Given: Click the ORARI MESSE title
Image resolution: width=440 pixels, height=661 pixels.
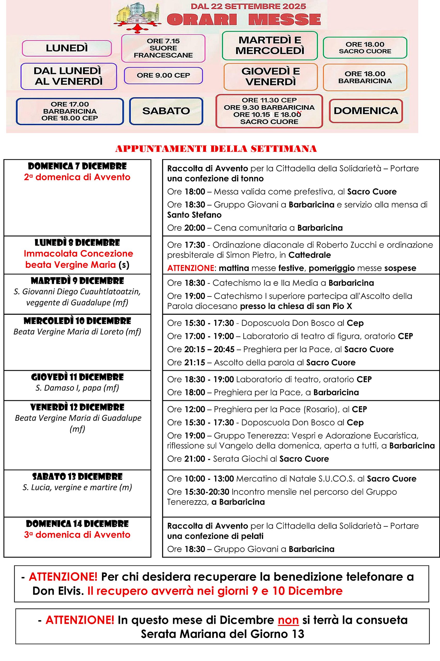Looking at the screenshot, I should click(x=243, y=20).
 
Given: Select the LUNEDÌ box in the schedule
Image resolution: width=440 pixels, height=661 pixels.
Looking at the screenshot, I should click(x=67, y=48).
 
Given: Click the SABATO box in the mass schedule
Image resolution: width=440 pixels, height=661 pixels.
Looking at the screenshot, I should click(x=166, y=111).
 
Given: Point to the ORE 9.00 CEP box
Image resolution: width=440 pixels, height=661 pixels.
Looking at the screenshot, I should click(x=163, y=75).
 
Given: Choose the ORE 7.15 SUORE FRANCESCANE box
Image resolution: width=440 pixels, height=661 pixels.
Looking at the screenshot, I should click(x=163, y=48).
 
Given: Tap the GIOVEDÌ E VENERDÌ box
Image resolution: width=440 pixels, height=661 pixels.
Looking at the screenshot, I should click(x=271, y=77).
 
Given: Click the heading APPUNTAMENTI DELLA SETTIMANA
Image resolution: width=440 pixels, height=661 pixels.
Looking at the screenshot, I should click(x=216, y=149).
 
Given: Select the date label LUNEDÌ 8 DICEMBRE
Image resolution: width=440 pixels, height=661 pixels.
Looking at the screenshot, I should click(x=77, y=243).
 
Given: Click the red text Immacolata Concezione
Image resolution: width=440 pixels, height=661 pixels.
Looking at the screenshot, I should click(x=78, y=254).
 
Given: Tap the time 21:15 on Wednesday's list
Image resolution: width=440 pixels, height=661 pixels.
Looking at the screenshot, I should click(x=195, y=363).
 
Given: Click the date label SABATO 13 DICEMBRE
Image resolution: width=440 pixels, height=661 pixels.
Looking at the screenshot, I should click(x=77, y=477).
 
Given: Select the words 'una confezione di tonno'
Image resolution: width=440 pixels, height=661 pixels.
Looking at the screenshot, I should click(x=215, y=179).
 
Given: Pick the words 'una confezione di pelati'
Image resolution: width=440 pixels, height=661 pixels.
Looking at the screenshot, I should click(x=215, y=536).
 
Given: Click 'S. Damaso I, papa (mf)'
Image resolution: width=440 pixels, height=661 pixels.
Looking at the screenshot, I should click(x=77, y=388).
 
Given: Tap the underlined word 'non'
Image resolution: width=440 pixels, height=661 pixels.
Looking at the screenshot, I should click(x=288, y=620).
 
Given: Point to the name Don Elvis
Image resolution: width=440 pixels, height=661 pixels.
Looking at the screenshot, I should click(x=58, y=591).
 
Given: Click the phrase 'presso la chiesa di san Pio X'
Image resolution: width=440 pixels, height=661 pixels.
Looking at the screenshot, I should click(x=296, y=306).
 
